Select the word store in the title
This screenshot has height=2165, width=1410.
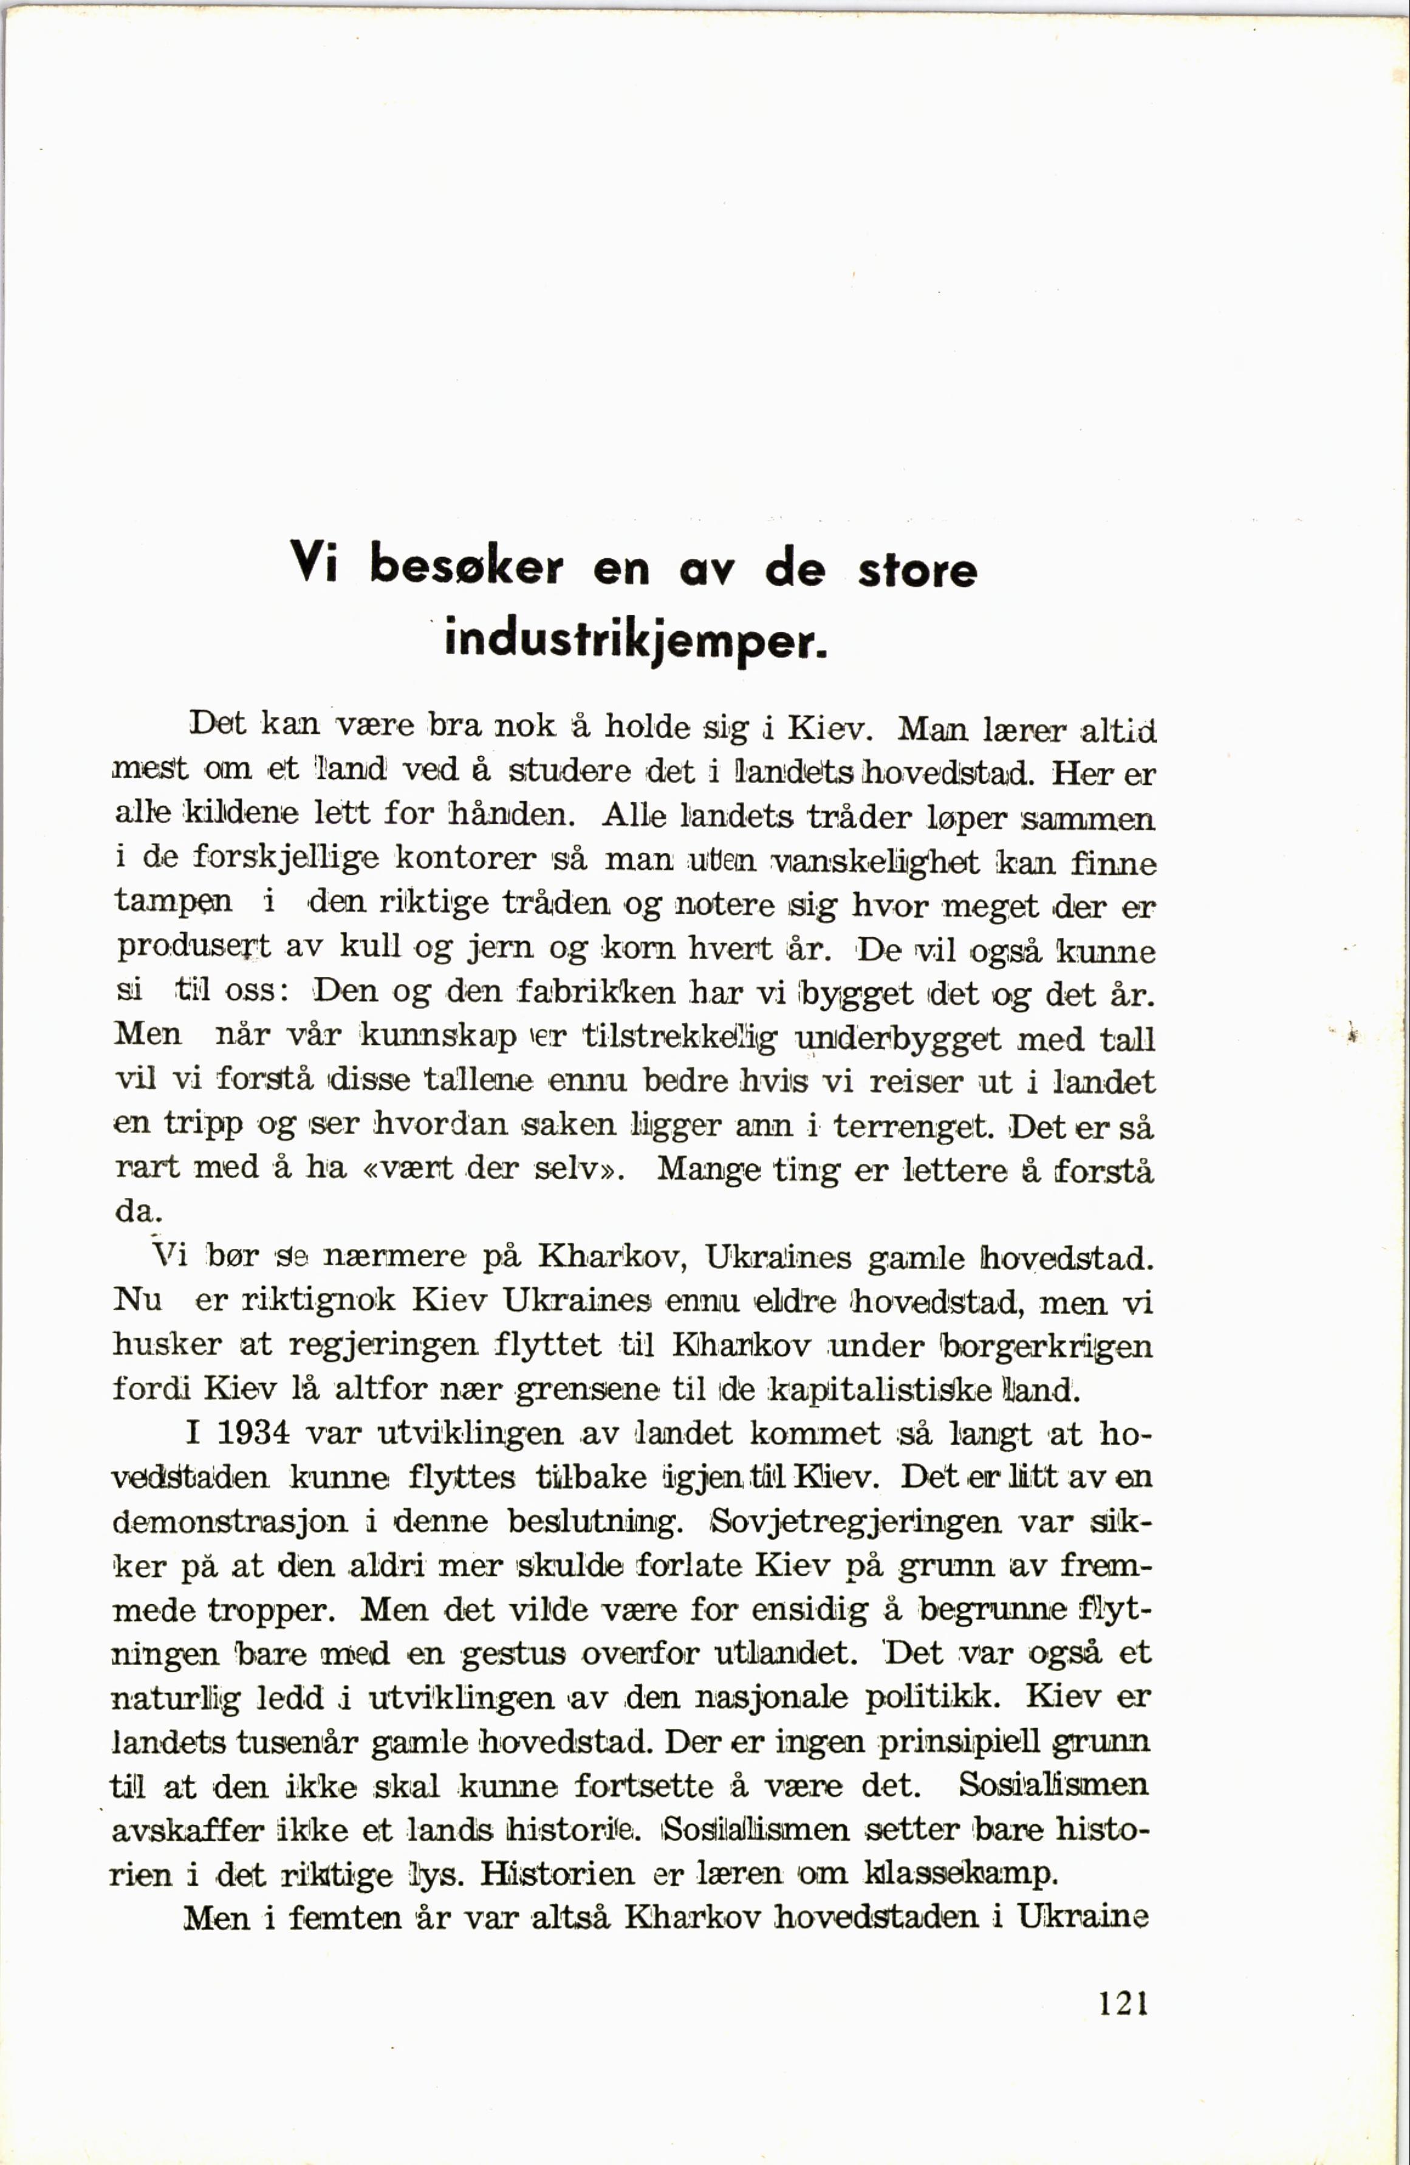(917, 570)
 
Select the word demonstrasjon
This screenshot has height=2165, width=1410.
(230, 1522)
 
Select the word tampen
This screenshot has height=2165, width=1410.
(173, 903)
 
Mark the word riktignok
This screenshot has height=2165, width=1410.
(320, 1302)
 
